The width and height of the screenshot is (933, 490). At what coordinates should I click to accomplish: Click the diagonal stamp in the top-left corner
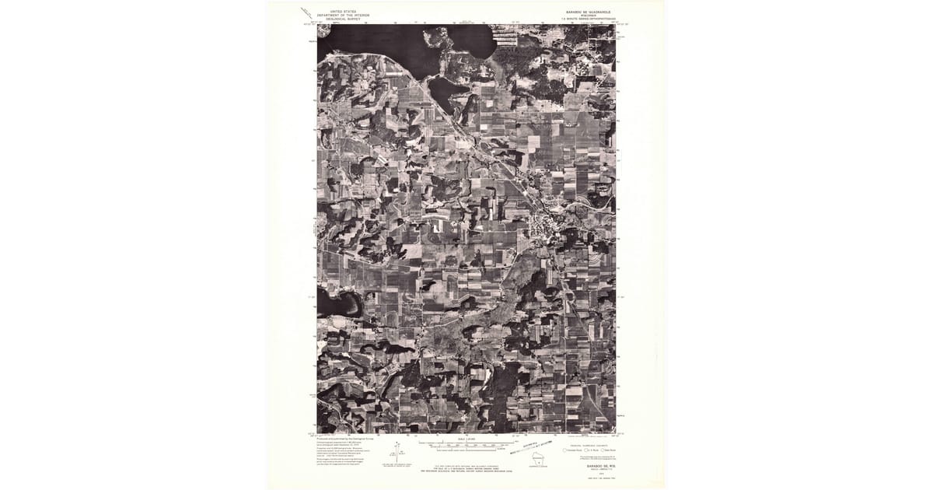click(307, 12)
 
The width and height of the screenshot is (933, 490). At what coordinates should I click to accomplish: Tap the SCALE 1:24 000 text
click(466, 439)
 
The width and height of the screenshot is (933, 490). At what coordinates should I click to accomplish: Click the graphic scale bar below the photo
click(466, 446)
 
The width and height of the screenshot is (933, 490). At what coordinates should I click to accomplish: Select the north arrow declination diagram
click(397, 451)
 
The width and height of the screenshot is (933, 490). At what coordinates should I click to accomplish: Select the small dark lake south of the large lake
click(443, 92)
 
